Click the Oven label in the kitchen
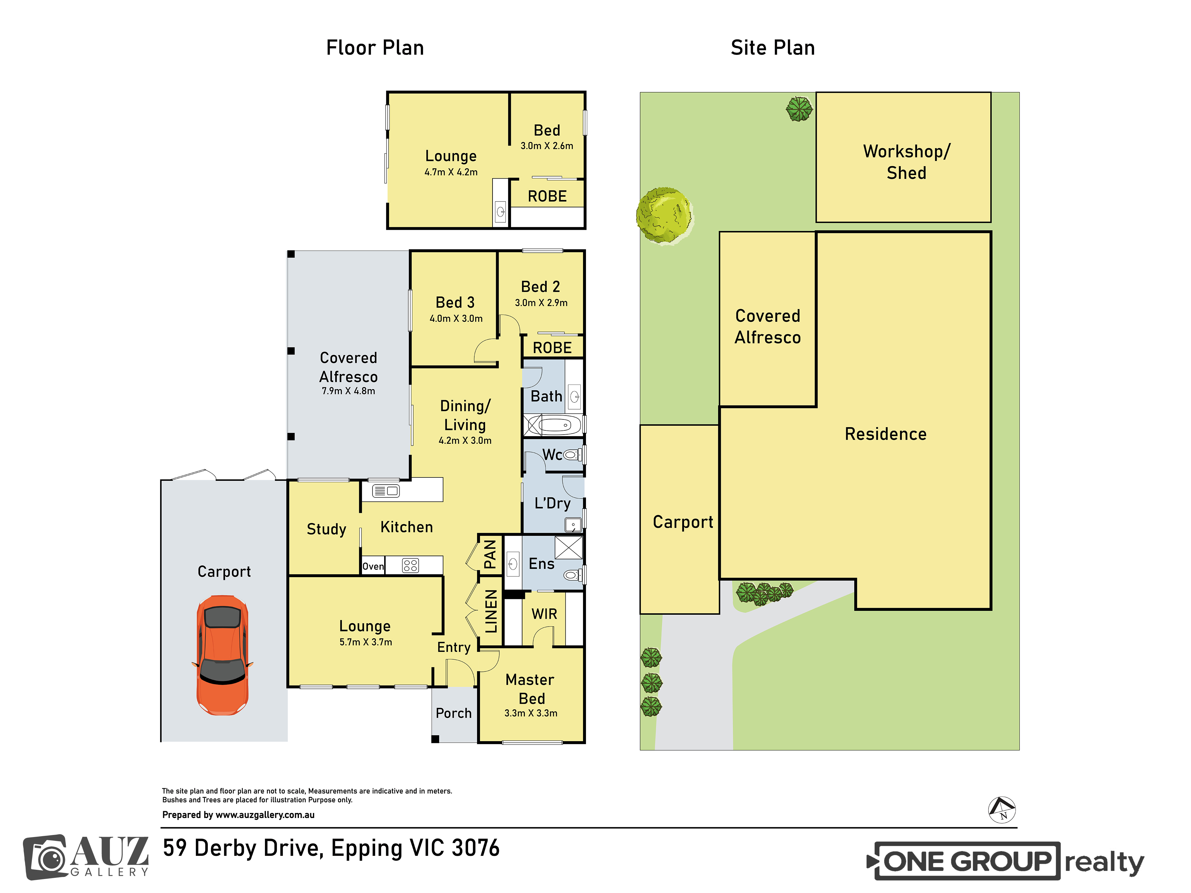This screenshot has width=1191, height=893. pos(373,566)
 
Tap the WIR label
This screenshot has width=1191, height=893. pos(544,614)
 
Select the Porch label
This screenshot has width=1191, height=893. pos(453,713)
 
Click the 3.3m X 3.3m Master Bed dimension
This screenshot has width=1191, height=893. pos(531,713)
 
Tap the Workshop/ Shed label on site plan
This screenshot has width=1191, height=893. pos(907,162)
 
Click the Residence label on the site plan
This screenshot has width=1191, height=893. pos(886,434)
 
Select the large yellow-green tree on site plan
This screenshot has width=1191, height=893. pos(664,215)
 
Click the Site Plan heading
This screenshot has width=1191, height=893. pos(773,48)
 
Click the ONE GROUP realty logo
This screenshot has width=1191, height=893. pos(1005,861)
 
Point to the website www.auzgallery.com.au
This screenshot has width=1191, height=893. pos(265,815)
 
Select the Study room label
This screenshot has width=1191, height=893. pos(326,529)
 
